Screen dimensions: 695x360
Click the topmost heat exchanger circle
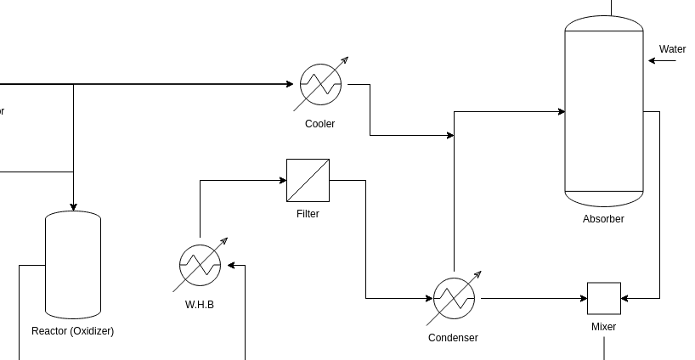[x=320, y=84]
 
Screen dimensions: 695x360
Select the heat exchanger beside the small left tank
[x=200, y=265]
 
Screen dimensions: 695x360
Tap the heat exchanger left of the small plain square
[x=454, y=298]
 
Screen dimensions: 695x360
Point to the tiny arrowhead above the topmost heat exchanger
[x=345, y=59]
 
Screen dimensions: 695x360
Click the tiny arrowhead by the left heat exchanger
[x=224, y=240]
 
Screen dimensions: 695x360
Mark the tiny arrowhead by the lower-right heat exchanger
[x=478, y=273]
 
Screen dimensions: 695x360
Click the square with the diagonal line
[x=308, y=180]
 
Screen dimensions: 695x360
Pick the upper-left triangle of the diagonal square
[x=298, y=171]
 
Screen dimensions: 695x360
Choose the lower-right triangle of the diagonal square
[x=318, y=191]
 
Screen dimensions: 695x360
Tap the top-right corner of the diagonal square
[x=328, y=160]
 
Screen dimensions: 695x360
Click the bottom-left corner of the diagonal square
[x=288, y=200]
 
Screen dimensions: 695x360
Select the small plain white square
[x=604, y=298]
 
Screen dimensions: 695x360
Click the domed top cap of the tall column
[x=604, y=23]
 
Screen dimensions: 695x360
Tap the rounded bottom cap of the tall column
[x=604, y=199]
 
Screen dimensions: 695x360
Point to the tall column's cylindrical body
[x=604, y=110]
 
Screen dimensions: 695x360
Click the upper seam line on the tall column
[x=604, y=31]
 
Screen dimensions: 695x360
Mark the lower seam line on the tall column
[x=604, y=191]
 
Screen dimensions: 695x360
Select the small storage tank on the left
[x=73, y=265]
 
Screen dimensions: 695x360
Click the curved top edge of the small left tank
[x=73, y=214]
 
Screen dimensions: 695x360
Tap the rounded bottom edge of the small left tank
[x=73, y=314]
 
